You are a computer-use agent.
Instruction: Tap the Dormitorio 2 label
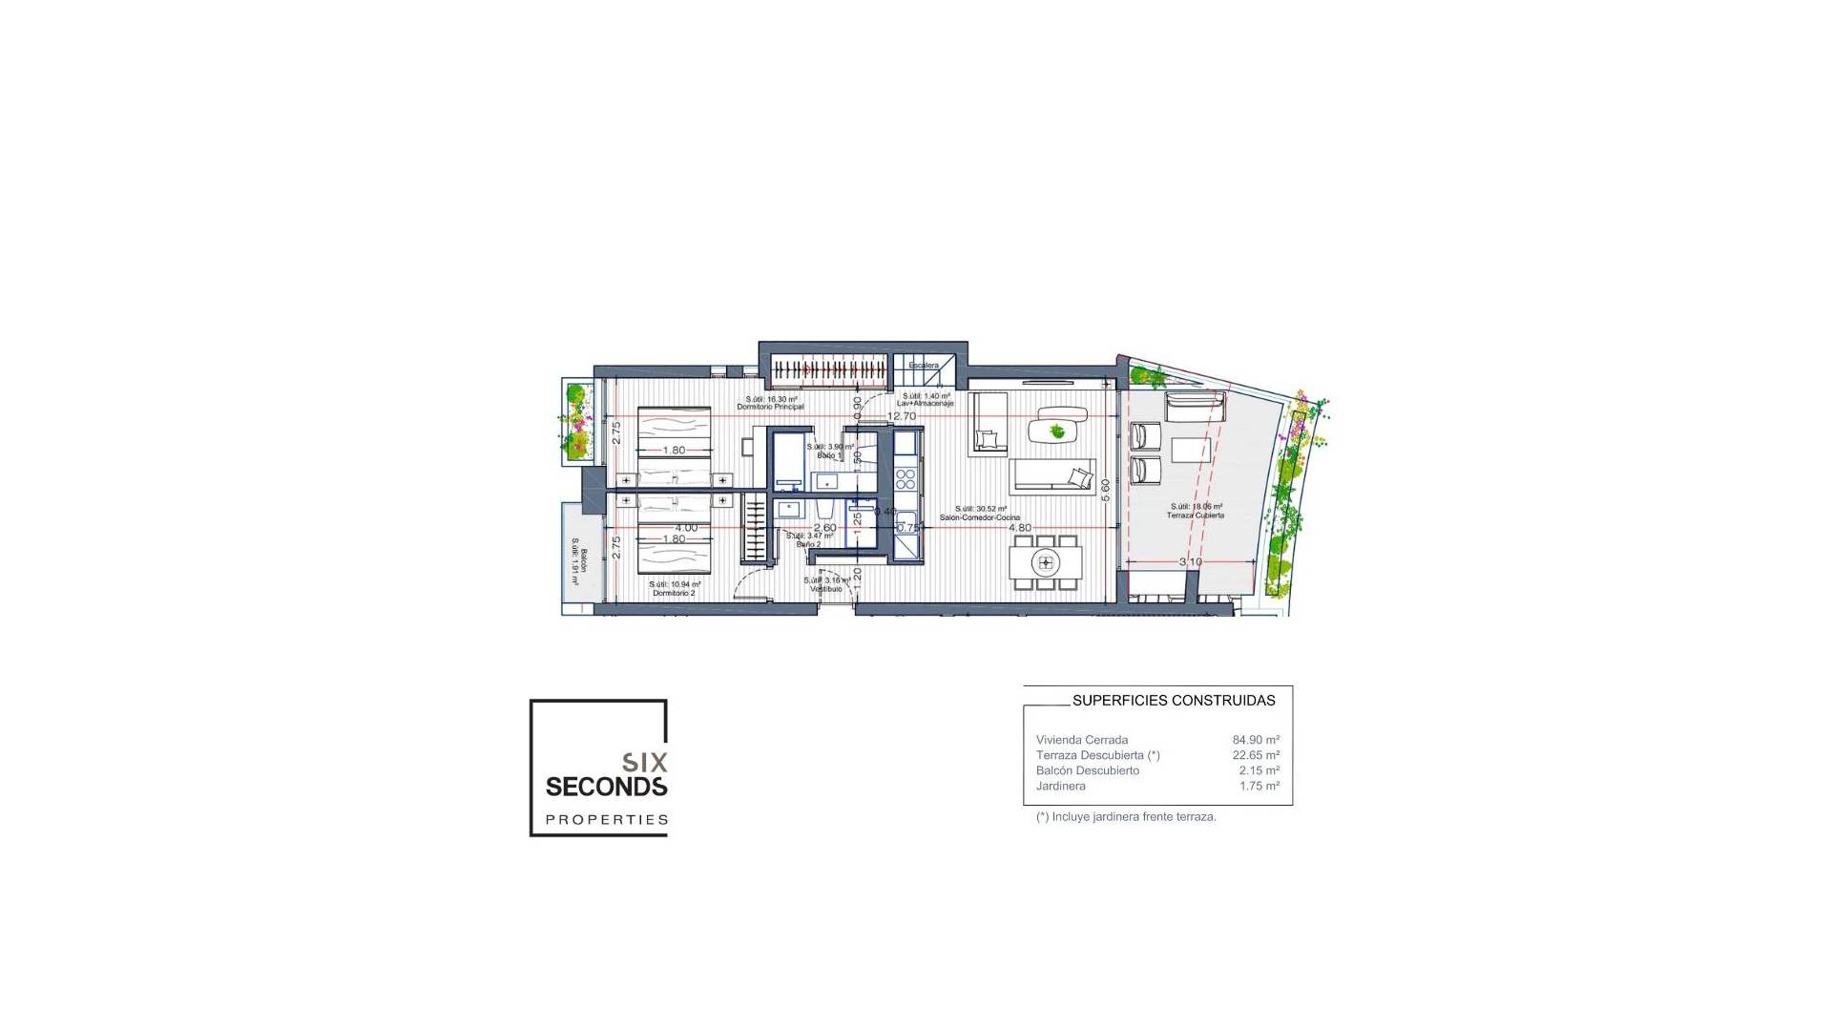675,593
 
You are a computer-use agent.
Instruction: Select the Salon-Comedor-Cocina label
979,517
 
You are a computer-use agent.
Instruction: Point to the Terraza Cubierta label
1195,515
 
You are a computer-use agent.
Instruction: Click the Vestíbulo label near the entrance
826,589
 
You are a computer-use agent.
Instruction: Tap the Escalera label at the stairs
923,366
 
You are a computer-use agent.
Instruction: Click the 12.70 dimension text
901,416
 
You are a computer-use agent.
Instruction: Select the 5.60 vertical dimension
1106,491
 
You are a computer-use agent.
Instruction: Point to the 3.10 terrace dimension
1190,561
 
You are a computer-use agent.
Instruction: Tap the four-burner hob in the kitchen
905,477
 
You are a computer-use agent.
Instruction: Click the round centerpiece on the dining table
1046,562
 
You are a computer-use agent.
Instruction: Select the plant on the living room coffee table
1056,431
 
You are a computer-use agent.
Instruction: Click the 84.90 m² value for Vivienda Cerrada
1256,740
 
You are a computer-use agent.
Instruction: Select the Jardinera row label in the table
1060,786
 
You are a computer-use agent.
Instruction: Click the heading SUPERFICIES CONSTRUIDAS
1174,701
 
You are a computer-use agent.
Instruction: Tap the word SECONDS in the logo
606,787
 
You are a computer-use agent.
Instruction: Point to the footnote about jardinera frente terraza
1126,817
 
